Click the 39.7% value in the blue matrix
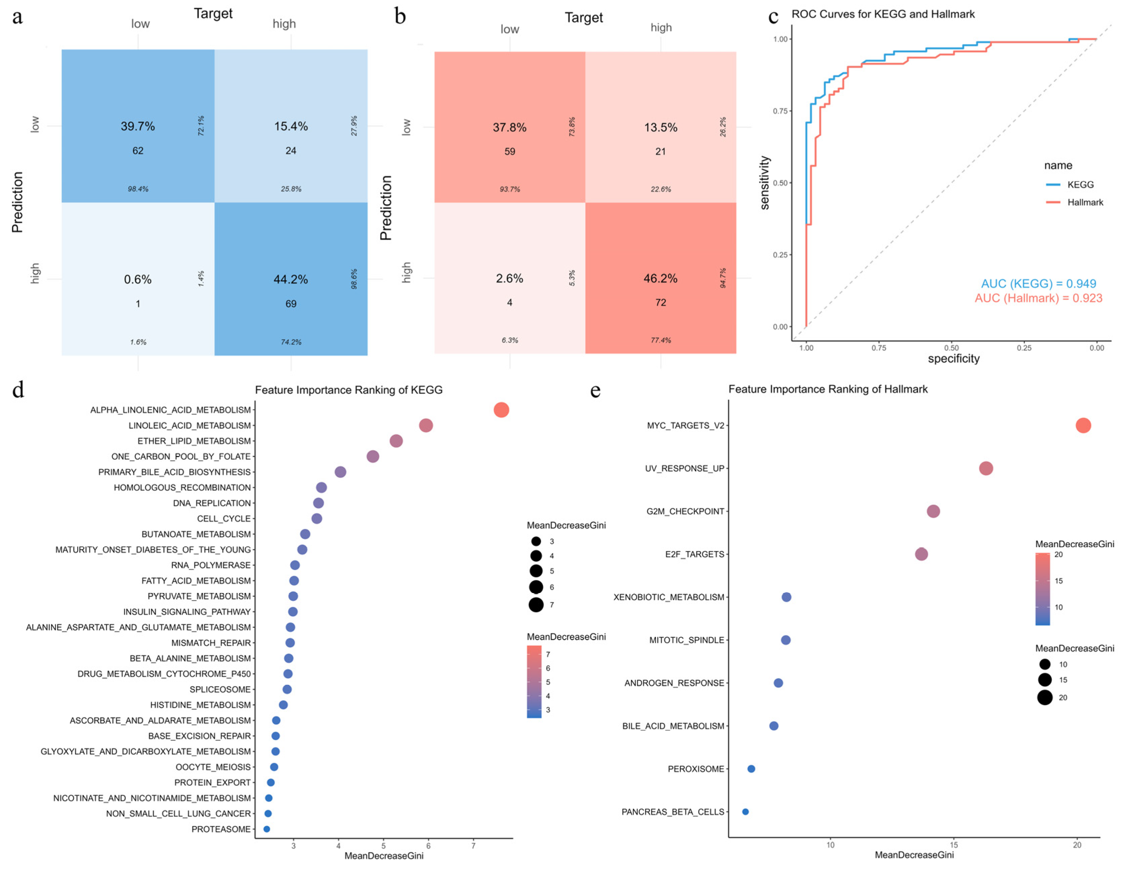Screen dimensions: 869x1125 (x=138, y=126)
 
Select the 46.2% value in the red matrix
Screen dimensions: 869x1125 (x=660, y=278)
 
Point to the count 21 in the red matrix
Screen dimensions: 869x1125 (x=660, y=152)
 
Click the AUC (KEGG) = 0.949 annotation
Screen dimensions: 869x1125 (x=1038, y=284)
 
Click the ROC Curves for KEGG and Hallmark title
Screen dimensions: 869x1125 (x=883, y=14)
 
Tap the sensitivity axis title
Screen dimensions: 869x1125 (x=765, y=183)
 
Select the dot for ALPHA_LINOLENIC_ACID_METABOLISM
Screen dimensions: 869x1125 (x=501, y=410)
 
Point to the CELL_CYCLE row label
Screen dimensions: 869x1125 (x=224, y=519)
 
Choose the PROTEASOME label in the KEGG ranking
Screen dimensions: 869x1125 (x=221, y=829)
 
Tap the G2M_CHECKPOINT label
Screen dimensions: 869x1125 (x=685, y=511)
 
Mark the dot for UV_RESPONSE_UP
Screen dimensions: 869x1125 (x=985, y=468)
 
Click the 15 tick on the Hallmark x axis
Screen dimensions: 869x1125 (x=953, y=845)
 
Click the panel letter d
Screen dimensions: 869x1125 (x=18, y=390)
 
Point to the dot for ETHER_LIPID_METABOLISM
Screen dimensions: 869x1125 (x=396, y=441)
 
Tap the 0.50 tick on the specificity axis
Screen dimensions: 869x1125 (x=951, y=348)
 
